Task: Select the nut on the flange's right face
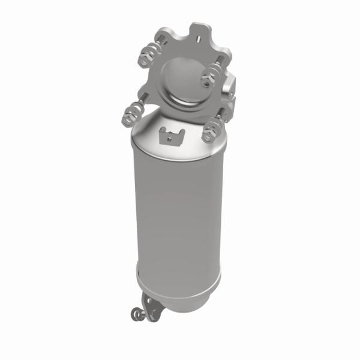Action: (210, 74)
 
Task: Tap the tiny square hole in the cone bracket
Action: (172, 137)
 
